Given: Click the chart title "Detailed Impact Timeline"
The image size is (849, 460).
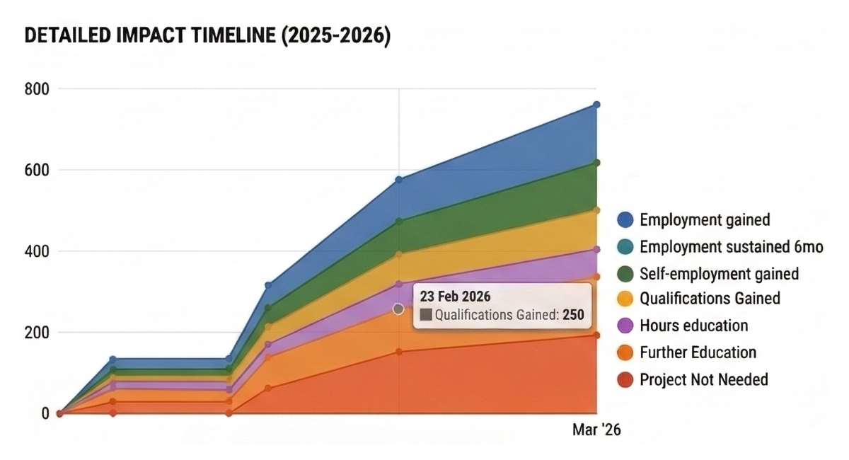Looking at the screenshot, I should click(207, 38).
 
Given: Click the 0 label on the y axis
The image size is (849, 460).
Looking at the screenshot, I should click(44, 413).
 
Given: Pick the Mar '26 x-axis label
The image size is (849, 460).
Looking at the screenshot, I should click(596, 430).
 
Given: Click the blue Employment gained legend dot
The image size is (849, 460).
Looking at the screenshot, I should click(625, 220).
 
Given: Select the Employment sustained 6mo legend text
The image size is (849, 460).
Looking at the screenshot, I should click(732, 247).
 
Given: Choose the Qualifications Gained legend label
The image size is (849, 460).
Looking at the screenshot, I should click(710, 299).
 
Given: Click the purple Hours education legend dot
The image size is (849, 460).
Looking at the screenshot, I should click(625, 326).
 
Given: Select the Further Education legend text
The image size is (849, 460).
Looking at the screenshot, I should click(698, 352).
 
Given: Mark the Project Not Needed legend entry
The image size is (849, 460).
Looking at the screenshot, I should click(703, 379).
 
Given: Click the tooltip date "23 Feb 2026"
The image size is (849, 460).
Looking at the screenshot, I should click(456, 297).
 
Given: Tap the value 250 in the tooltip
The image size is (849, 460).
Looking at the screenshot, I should click(573, 316).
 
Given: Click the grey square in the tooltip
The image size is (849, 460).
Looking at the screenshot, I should click(426, 316).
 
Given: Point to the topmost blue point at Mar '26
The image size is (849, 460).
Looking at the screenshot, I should click(596, 105).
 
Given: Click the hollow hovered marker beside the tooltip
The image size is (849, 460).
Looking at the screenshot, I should click(398, 309).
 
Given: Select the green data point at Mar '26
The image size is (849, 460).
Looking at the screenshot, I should click(596, 163).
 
